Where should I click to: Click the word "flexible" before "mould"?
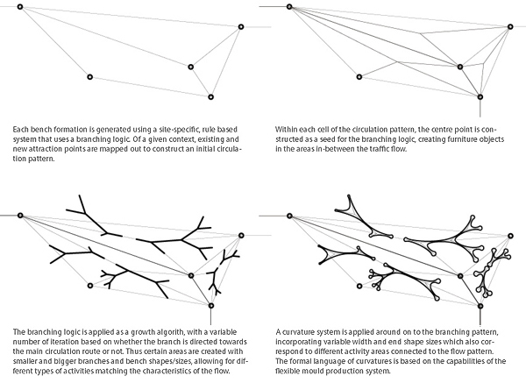tap(286, 372)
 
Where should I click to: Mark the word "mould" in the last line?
tap(308, 372)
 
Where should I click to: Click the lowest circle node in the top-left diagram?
tap(210, 97)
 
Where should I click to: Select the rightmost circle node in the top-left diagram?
tap(240, 27)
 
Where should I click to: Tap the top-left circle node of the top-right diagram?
tap(289, 6)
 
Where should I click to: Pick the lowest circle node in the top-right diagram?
tap(480, 97)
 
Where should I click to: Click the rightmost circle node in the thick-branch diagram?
tap(241, 236)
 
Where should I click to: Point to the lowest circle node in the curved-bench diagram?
tap(480, 306)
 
